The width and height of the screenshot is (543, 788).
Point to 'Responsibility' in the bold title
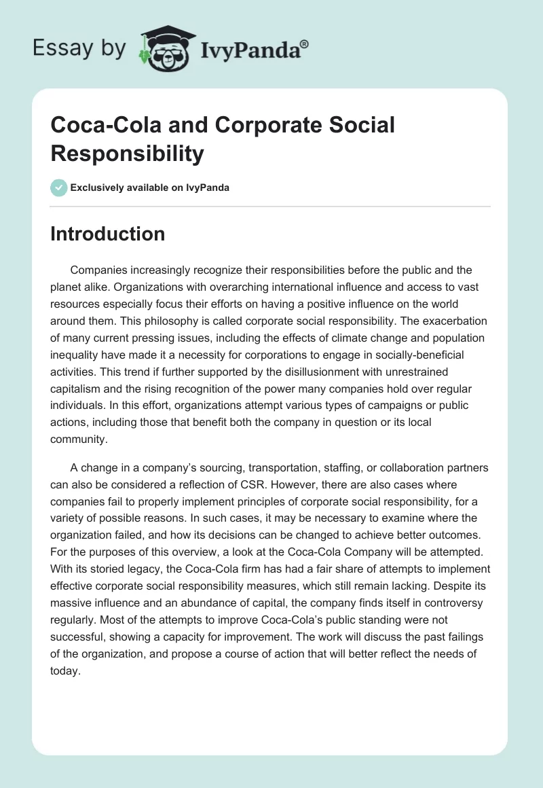coord(127,154)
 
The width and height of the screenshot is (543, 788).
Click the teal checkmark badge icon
coord(59,187)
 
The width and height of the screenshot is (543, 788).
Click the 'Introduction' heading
coord(107,234)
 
